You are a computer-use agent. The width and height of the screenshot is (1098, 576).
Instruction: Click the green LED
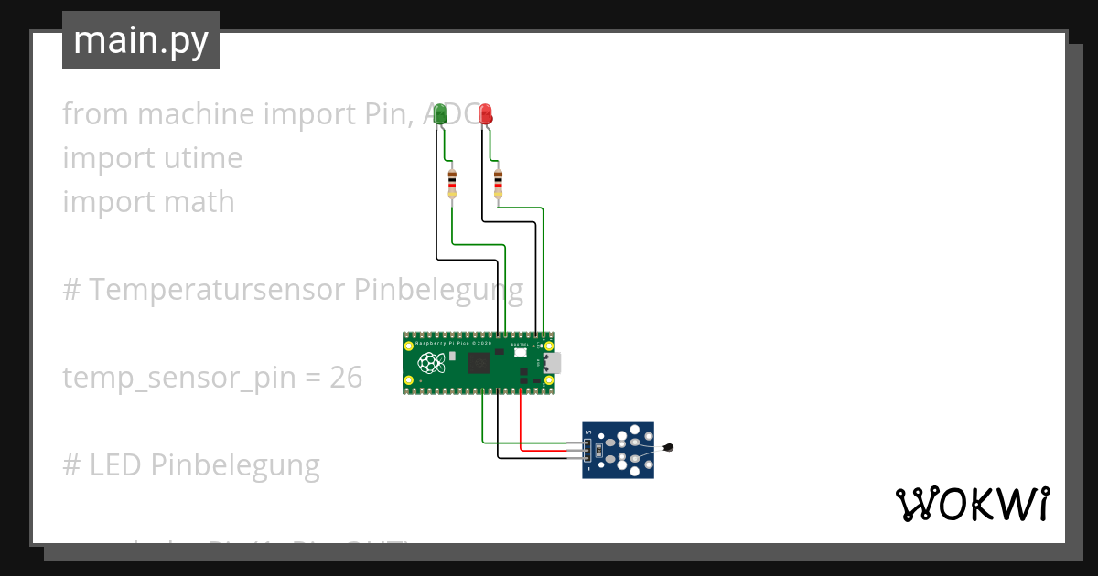point(440,113)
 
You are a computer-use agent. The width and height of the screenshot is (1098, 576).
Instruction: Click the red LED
point(485,113)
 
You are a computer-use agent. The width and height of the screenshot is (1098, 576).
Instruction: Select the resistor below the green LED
point(452,183)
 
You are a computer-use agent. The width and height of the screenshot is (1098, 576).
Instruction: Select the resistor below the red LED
point(498,183)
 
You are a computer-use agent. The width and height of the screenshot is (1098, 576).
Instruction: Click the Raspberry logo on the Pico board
point(430,363)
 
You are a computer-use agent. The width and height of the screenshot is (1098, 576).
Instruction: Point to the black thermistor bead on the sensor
point(670,448)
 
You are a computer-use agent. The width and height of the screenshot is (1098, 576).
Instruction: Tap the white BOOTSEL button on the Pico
point(521,353)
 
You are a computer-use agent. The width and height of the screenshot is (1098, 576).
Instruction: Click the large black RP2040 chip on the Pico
point(479,363)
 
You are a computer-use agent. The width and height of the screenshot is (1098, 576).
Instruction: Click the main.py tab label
point(141,40)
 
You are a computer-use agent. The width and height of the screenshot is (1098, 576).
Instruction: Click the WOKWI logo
point(972,504)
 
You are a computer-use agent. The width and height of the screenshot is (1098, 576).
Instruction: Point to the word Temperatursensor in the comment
point(217,289)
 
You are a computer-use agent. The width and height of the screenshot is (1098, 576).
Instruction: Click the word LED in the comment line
point(115,464)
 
